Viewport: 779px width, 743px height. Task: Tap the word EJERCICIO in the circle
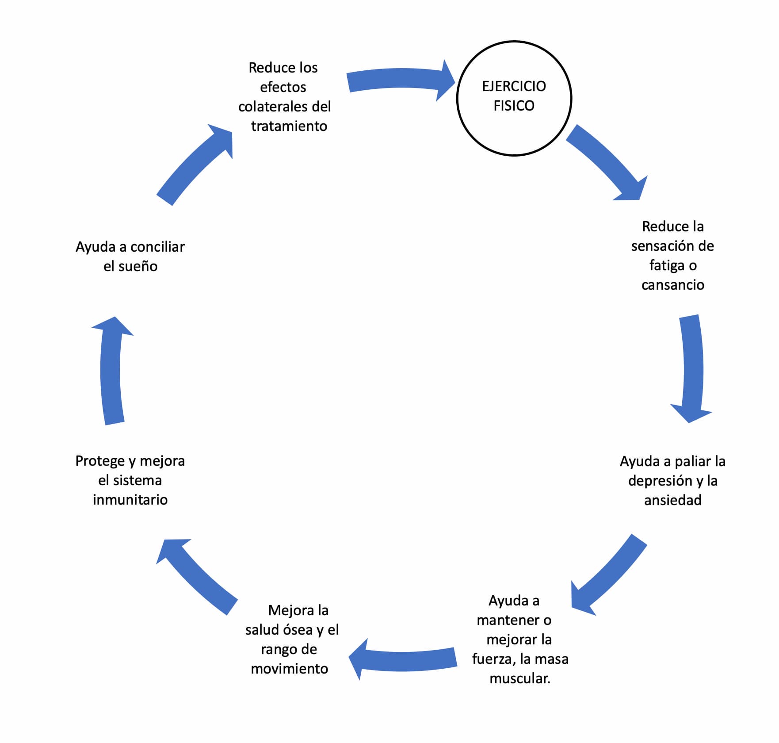coord(514,86)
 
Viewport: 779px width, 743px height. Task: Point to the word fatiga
coord(666,265)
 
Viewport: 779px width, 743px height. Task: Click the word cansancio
coord(672,285)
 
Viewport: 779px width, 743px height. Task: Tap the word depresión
coord(660,481)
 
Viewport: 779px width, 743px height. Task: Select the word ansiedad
coord(672,500)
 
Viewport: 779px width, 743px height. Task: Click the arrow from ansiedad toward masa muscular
coord(608,575)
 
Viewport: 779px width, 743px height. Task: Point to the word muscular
coord(519,678)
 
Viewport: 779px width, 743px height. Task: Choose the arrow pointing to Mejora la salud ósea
coord(402,659)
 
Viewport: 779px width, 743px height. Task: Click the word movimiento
coord(289,669)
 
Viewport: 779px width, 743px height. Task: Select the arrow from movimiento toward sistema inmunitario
coord(197,575)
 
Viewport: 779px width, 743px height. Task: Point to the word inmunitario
coord(130,500)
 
